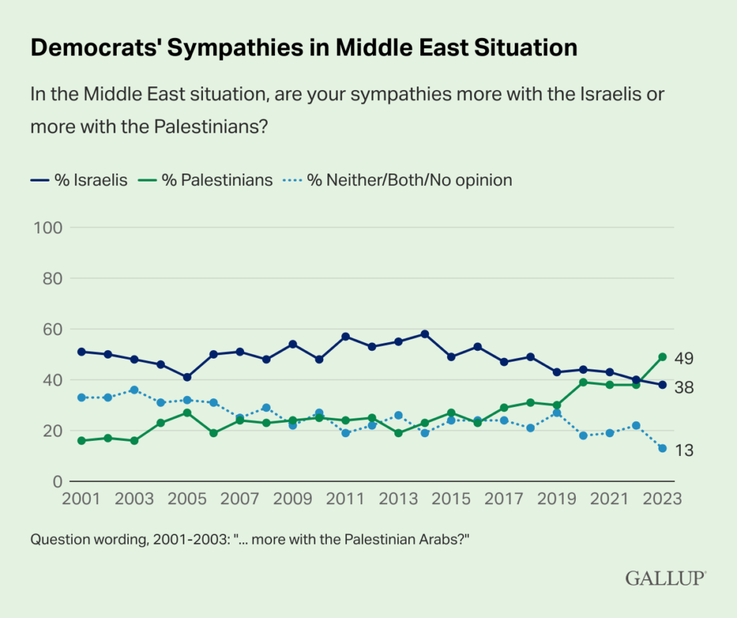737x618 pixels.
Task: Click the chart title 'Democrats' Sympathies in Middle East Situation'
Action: pyautogui.click(x=304, y=48)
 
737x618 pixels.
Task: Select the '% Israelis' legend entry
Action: pyautogui.click(x=79, y=180)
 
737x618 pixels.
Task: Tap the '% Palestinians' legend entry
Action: pyautogui.click(x=205, y=180)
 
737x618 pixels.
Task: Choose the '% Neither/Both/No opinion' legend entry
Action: pyautogui.click(x=397, y=180)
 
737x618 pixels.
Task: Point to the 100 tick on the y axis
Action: pyautogui.click(x=48, y=228)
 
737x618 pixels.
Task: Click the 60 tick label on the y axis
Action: pyautogui.click(x=53, y=329)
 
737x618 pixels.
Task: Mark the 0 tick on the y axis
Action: pyautogui.click(x=58, y=482)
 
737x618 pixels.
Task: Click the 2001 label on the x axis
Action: pyautogui.click(x=81, y=498)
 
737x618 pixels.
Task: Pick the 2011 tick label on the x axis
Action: pyautogui.click(x=345, y=498)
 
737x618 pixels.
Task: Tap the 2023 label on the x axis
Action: pyautogui.click(x=662, y=498)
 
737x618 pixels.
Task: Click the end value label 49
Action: pyautogui.click(x=684, y=359)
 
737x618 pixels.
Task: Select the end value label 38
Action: pyautogui.click(x=684, y=388)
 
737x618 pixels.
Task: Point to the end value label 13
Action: pyautogui.click(x=684, y=451)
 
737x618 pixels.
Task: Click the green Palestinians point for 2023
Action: pyautogui.click(x=663, y=357)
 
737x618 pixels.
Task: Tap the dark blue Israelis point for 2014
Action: pyautogui.click(x=425, y=334)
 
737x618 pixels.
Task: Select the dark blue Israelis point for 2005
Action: pyautogui.click(x=187, y=377)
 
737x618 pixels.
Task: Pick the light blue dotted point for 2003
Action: pyautogui.click(x=135, y=390)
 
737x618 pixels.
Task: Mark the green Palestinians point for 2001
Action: pyautogui.click(x=81, y=441)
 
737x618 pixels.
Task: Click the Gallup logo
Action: pyautogui.click(x=666, y=578)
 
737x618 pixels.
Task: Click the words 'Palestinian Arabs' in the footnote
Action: pyautogui.click(x=402, y=539)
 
